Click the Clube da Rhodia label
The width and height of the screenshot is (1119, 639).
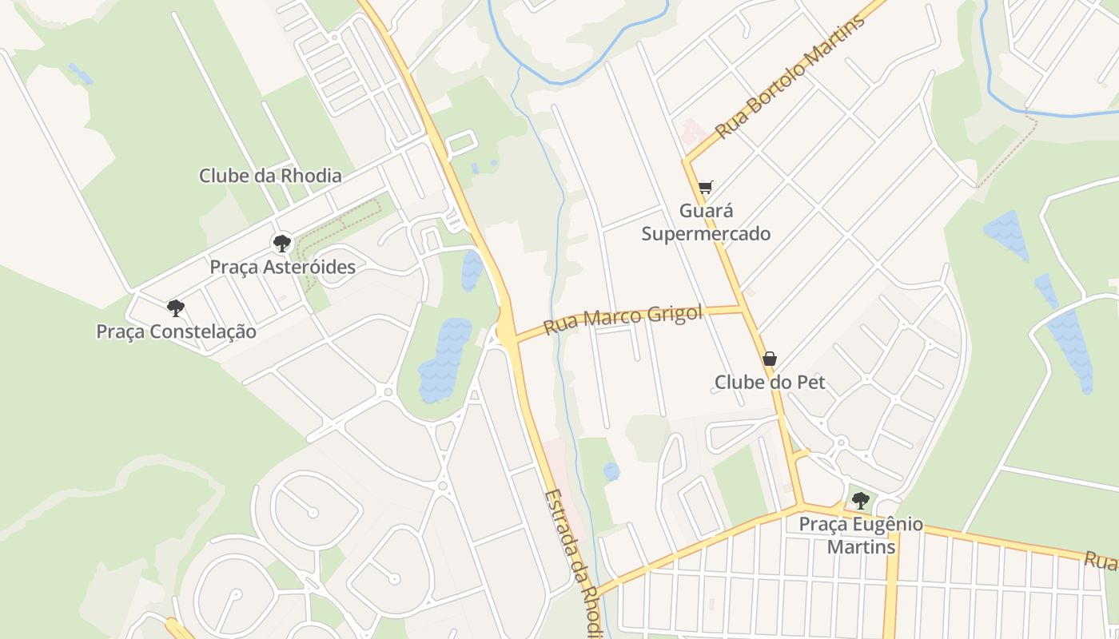coord(270,176)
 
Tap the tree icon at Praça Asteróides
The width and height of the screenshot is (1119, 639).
coord(281,243)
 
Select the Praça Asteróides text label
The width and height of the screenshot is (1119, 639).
coord(282,267)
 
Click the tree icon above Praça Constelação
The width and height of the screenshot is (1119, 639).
coord(176,308)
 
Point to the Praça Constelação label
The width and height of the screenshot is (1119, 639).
coord(176,331)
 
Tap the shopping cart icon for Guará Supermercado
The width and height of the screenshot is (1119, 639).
coord(705,188)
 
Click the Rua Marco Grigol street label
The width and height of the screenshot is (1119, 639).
coord(623,319)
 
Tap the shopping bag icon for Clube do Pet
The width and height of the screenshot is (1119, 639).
coord(769,359)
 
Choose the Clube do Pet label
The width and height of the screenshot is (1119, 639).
coord(769,383)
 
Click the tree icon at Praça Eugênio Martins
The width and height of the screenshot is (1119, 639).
coord(860,501)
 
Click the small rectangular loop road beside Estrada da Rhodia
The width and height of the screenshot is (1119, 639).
coord(460,143)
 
